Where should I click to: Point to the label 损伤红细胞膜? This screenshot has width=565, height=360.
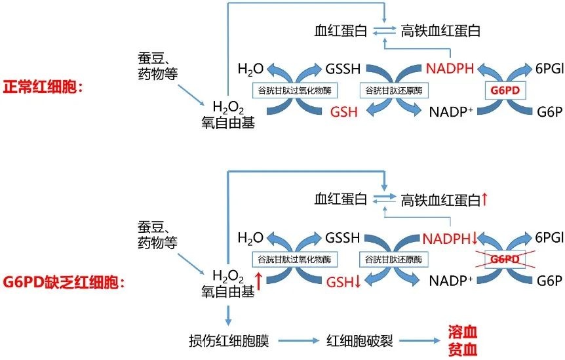(x=232, y=340)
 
